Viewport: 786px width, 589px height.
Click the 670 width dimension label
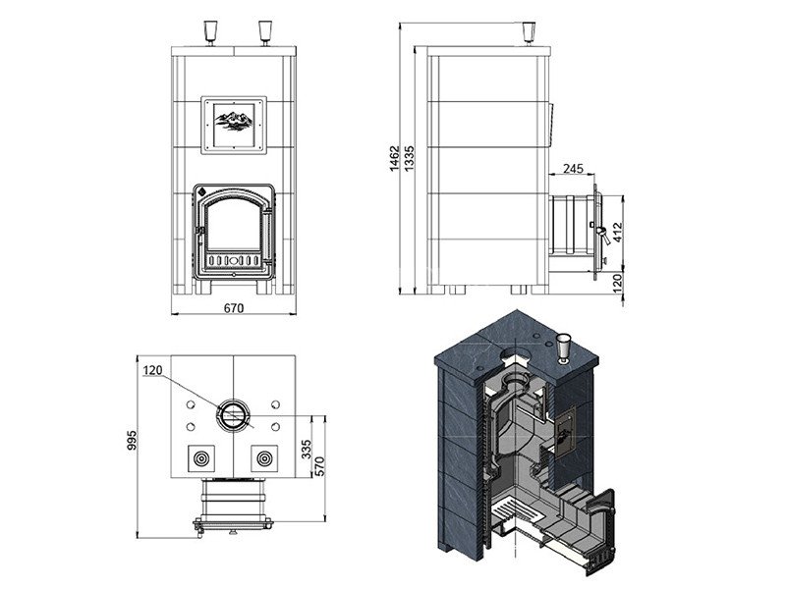click(234, 308)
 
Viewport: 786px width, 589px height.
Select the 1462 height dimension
click(395, 158)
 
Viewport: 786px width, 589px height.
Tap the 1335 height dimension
click(409, 158)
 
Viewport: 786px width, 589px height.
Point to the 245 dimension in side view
click(573, 168)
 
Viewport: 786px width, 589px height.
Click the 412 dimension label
click(618, 233)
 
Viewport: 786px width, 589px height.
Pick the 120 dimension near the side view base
click(618, 283)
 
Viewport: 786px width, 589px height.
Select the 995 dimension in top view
click(132, 440)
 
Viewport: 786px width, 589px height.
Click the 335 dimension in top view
click(307, 450)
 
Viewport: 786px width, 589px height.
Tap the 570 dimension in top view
click(320, 466)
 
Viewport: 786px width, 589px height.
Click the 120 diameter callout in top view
click(153, 370)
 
